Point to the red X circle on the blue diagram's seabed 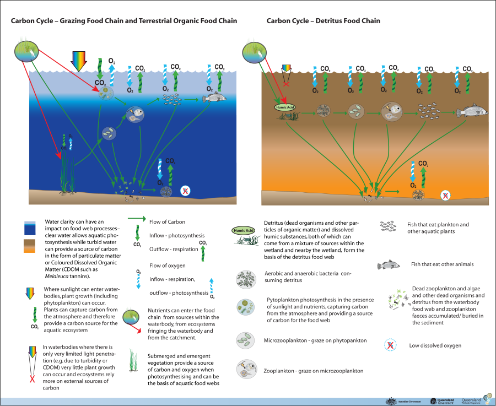tap(186, 191)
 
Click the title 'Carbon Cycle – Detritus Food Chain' tap(323, 21)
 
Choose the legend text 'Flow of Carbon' tap(167, 222)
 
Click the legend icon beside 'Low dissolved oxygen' tap(390, 345)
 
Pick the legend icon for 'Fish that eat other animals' tap(388, 265)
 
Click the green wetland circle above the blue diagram tap(26, 51)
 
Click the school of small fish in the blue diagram tap(173, 99)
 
